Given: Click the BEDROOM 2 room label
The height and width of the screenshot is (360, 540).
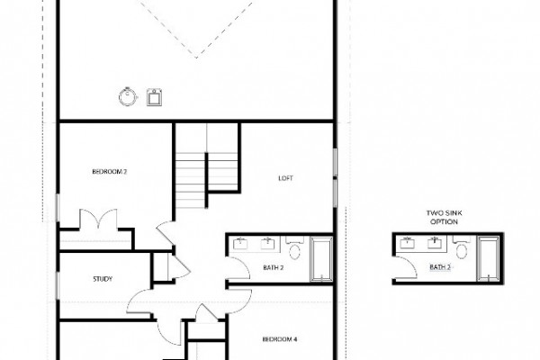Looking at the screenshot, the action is coord(110,171).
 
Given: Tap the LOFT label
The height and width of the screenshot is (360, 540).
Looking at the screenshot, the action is coord(285,178).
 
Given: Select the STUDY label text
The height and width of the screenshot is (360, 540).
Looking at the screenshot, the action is coord(103,279).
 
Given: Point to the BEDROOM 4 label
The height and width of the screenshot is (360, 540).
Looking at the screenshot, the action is coord(280,339).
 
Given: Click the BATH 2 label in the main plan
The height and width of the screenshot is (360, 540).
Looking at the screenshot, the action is coord(273,267).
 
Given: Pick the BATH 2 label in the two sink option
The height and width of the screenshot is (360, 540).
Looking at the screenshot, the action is coord(440,267).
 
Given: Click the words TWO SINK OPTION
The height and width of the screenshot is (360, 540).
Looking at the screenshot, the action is coord(445,218).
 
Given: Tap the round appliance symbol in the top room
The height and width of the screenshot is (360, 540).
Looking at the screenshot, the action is coord(128,97).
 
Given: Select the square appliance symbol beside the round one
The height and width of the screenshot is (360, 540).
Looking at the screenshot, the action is coord(154,97).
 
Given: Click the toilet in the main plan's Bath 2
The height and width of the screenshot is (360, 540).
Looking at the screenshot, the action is coord(294,248).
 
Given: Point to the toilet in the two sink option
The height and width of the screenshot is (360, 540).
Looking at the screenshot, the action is coord(462,248).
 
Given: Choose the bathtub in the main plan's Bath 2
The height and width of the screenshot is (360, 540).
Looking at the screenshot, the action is coord(321,258).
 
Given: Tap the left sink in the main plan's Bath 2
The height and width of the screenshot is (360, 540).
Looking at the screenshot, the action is coord(240,243).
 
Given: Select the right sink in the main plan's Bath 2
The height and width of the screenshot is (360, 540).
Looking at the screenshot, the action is coord(267,243).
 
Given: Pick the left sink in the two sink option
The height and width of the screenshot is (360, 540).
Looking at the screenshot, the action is coord(407,243).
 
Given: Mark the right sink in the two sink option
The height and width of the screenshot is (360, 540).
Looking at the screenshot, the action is coord(435,243).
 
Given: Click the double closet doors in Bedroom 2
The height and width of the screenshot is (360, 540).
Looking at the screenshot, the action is coord(98,219).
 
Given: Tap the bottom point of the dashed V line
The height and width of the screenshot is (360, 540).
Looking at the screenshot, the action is coord(196,58).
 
